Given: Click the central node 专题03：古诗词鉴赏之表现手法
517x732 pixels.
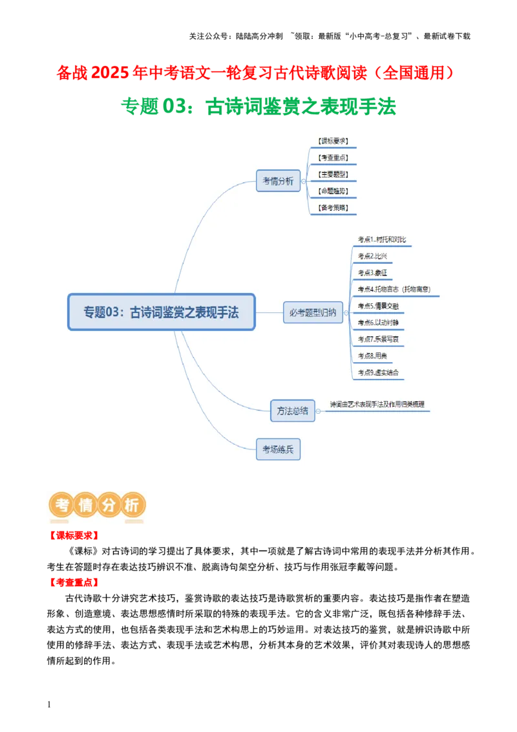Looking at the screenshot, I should click(162, 312).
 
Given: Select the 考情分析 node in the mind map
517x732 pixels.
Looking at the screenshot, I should click(278, 181).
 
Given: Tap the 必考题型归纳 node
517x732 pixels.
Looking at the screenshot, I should click(313, 312).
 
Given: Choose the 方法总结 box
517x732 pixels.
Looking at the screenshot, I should click(292, 411).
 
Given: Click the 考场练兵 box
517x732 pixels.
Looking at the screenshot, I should click(278, 449).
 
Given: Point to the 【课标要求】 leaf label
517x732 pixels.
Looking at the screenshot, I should click(333, 141).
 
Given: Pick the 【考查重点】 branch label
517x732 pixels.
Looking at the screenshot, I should click(333, 158).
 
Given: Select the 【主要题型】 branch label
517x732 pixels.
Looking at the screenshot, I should click(333, 175).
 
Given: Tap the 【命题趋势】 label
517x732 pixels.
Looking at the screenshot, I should click(333, 191).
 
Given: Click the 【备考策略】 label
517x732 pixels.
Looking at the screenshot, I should click(333, 208).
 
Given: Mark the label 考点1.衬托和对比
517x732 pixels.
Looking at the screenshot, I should click(382, 240).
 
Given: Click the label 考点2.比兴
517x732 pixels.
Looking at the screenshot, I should click(372, 256).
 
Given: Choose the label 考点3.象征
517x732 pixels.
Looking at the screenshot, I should click(372, 273).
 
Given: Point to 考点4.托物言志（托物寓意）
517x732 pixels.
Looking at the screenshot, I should click(394, 289).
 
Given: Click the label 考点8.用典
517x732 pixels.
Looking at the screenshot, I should click(372, 356).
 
